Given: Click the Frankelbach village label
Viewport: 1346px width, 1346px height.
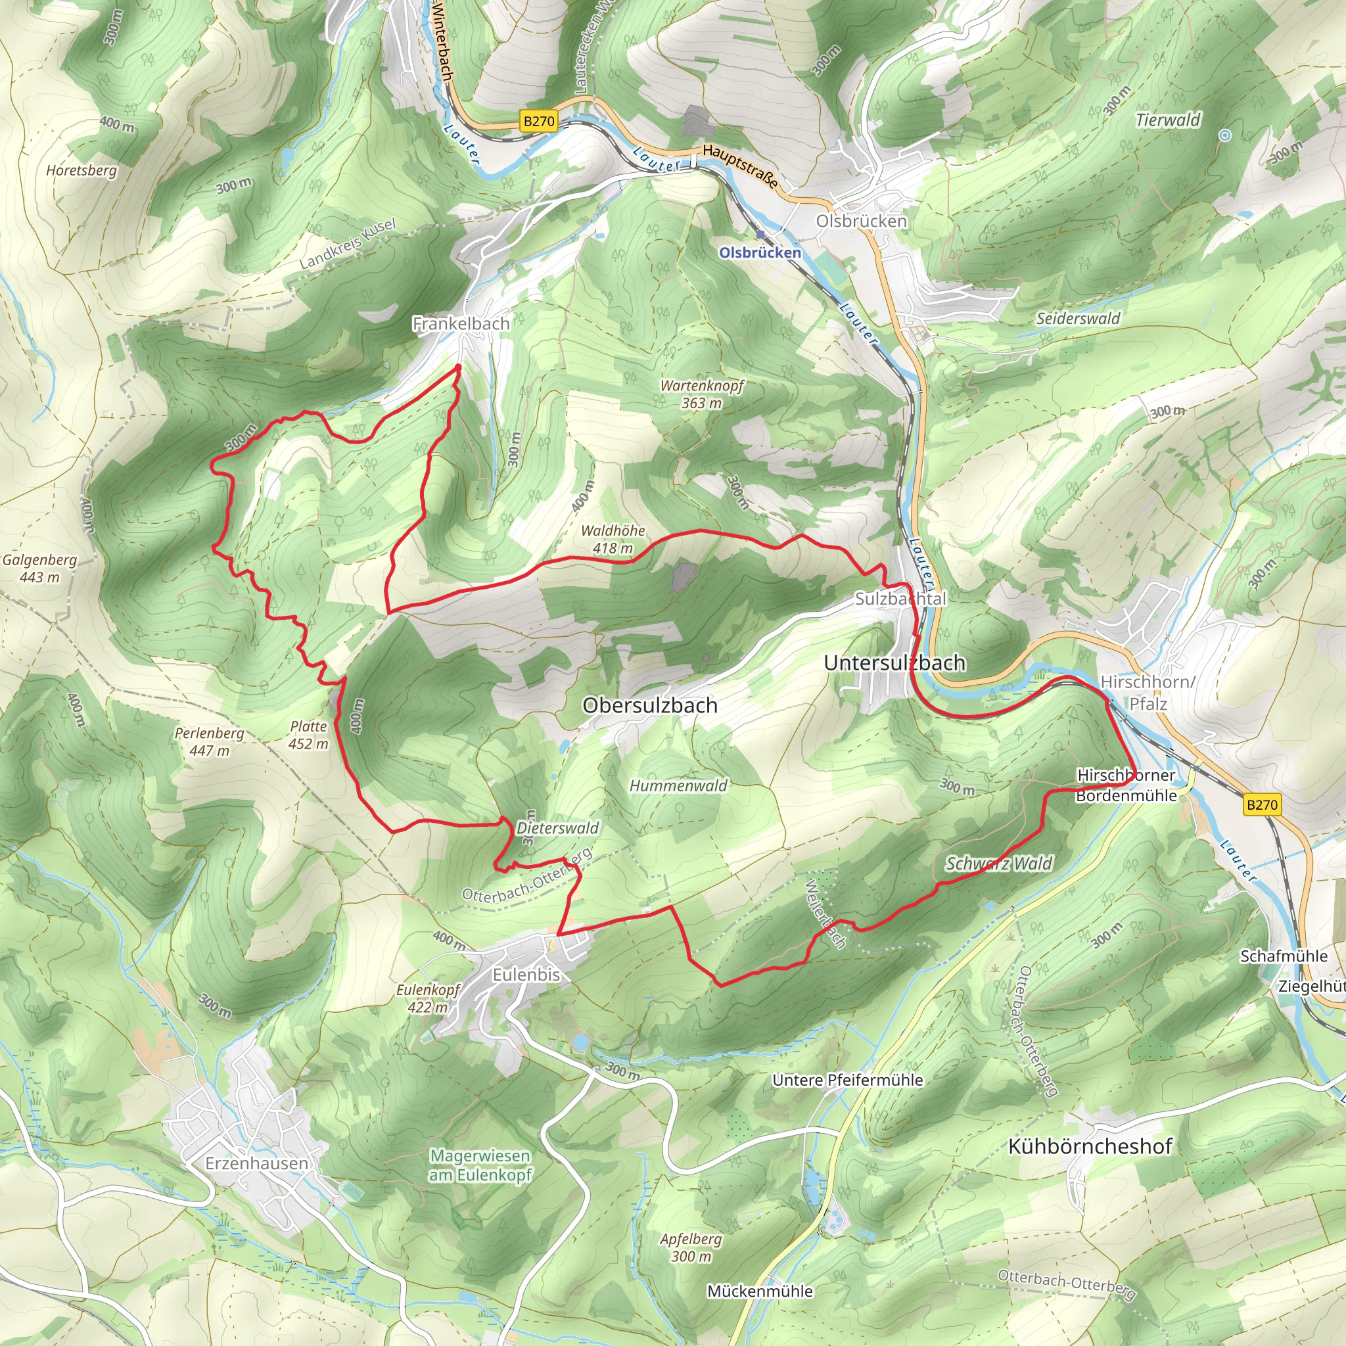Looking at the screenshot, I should [461, 323].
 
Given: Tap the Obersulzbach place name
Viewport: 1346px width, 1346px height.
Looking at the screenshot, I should [649, 705].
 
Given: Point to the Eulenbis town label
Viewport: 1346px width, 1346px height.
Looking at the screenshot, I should [526, 975].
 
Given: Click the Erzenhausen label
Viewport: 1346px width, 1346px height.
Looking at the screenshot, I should [256, 1163].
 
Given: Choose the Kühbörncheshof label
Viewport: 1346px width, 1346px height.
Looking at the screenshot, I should [1090, 1146].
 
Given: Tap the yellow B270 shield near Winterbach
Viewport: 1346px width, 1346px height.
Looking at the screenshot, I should [538, 121].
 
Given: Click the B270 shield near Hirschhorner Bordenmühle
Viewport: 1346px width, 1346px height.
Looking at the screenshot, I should [1262, 804].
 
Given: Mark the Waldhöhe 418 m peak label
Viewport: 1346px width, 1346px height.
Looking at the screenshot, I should [613, 539].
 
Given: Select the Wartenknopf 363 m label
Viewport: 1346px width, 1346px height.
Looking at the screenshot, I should [701, 394].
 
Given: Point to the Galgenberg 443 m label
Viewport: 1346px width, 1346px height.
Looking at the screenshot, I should [39, 568].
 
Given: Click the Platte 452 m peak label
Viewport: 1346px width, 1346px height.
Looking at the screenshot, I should [308, 734].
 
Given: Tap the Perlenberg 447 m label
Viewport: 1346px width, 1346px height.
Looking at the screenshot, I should [209, 741].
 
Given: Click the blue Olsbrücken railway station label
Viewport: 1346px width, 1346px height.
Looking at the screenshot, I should [760, 253].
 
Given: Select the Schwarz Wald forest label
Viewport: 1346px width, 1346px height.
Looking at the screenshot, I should [998, 864].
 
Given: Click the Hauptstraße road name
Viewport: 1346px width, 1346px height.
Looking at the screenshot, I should [740, 166].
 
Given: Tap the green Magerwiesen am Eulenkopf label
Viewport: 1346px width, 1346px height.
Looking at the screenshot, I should [480, 1165].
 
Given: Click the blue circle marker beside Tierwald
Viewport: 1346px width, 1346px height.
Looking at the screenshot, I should [1225, 135].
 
